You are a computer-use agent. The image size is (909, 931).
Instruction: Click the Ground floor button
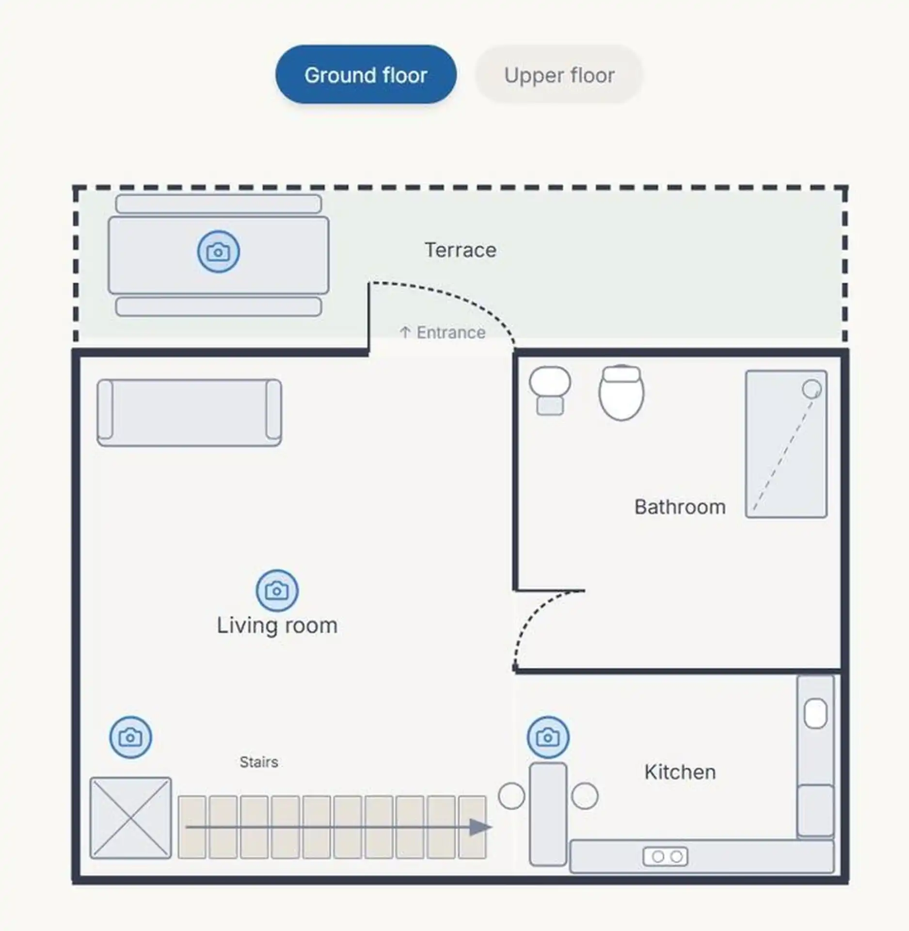(x=366, y=75)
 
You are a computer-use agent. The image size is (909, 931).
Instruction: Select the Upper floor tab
(x=559, y=75)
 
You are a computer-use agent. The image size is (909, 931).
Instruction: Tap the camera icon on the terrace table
(x=218, y=252)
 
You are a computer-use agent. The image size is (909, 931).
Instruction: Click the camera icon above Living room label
(x=277, y=590)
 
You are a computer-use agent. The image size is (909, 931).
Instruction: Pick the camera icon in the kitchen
(x=548, y=737)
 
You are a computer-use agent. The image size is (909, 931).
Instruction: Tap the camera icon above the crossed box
(x=130, y=737)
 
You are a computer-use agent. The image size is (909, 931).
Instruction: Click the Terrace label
(x=461, y=250)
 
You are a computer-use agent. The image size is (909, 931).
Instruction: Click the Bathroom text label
(x=680, y=507)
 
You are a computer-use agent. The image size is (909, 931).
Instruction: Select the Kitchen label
(x=680, y=772)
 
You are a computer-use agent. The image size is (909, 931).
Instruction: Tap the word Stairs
(x=259, y=762)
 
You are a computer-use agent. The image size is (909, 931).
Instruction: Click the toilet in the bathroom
(x=622, y=392)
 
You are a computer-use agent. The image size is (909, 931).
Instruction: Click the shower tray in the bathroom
(x=786, y=444)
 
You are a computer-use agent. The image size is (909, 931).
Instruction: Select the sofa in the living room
(x=189, y=413)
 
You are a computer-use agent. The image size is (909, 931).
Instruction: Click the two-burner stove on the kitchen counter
(x=665, y=857)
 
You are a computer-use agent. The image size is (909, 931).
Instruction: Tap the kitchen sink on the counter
(x=815, y=713)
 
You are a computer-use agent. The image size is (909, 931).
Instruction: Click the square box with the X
(x=130, y=818)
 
